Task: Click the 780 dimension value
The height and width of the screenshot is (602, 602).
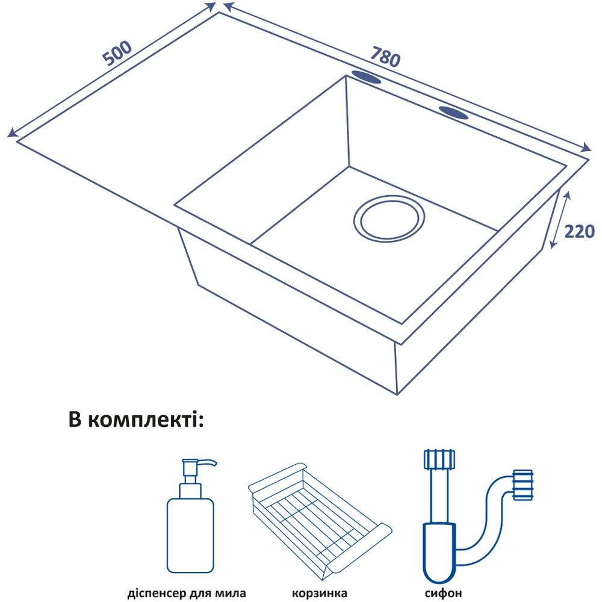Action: coord(386,56)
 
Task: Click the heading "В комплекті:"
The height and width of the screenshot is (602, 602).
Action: coord(137,419)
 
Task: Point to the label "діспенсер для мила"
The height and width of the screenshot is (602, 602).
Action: coord(187,593)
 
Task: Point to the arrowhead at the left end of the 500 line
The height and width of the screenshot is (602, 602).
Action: coord(10,134)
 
